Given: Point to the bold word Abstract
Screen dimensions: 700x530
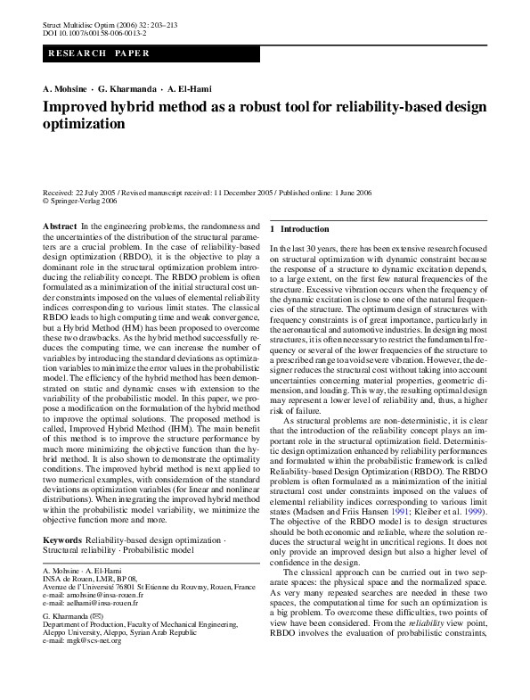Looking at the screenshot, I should [60, 227].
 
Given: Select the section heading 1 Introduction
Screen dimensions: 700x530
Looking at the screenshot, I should [299, 229].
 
